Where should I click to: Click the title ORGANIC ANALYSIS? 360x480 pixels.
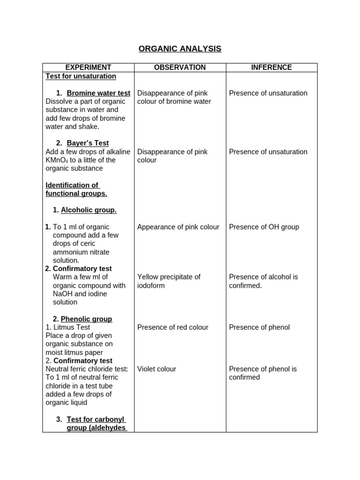(x=180, y=49)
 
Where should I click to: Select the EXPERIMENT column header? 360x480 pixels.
(x=88, y=67)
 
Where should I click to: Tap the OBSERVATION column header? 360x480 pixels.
(x=180, y=67)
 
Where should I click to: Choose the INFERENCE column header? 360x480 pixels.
(x=271, y=67)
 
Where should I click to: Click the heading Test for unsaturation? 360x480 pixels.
(x=81, y=76)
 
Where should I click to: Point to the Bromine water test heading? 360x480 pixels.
(x=98, y=93)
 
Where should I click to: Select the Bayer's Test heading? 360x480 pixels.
(x=88, y=143)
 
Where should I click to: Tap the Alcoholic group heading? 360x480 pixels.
(x=89, y=210)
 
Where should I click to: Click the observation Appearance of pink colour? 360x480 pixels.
(x=178, y=227)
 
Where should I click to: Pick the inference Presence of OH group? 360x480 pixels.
(x=264, y=227)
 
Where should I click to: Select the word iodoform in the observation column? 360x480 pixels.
(x=151, y=285)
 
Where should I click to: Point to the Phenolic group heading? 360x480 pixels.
(x=86, y=319)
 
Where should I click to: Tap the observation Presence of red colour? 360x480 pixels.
(x=172, y=327)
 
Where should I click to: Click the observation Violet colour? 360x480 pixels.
(x=157, y=369)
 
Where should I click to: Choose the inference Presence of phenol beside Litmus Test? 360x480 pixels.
(x=259, y=327)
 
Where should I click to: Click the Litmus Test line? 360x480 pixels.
(x=68, y=327)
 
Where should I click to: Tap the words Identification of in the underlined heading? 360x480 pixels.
(x=72, y=185)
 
